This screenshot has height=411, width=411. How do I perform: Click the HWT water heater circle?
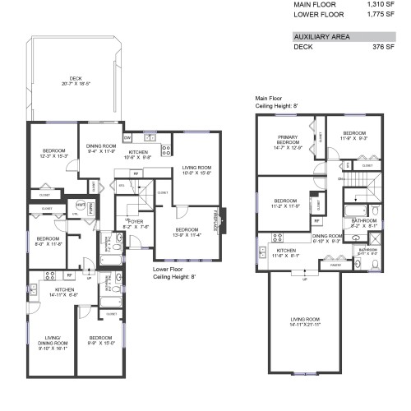(80, 205)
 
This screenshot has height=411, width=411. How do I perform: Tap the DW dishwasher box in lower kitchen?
(127, 137)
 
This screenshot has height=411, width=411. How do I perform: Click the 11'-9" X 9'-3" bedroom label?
(353, 137)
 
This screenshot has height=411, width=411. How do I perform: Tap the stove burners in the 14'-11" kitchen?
(48, 277)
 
